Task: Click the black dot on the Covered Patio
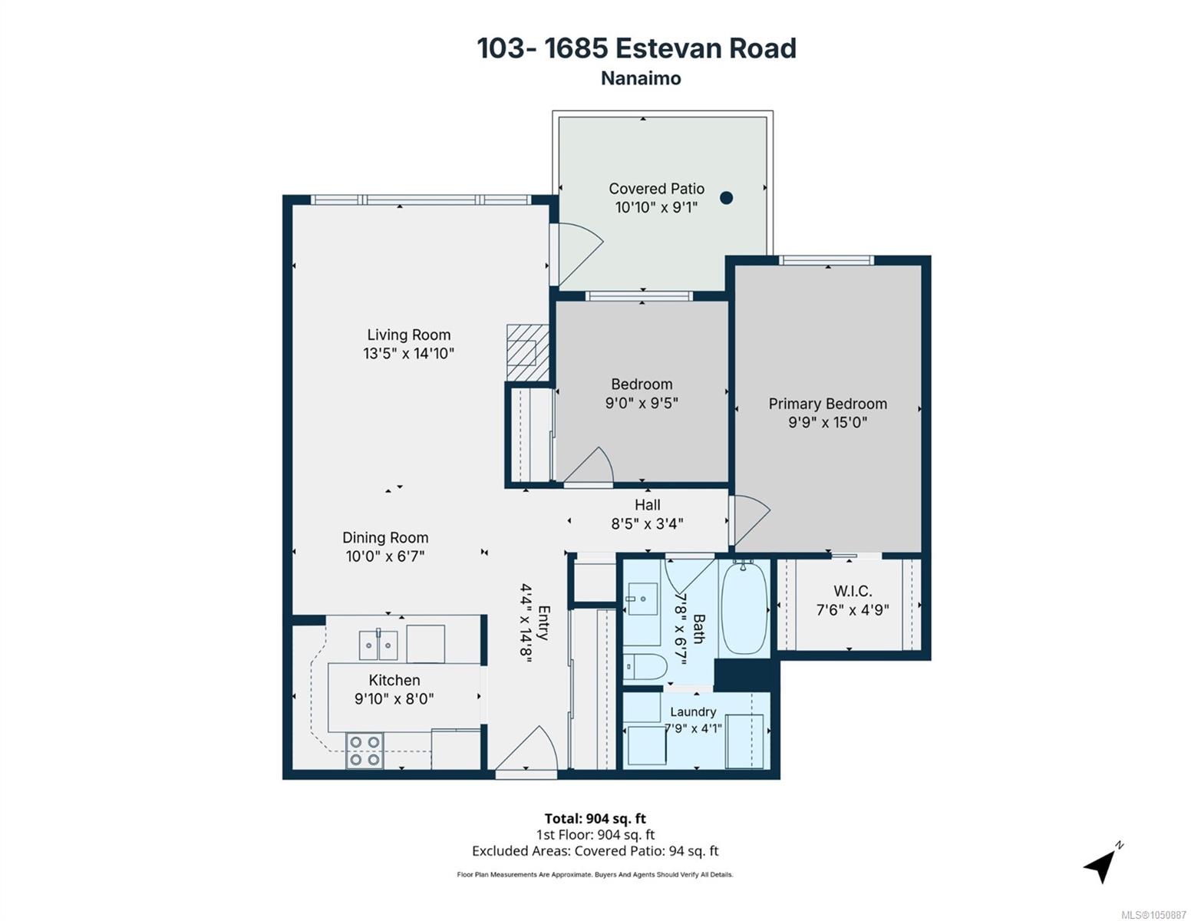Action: click(x=726, y=198)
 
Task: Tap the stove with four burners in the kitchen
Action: click(x=365, y=750)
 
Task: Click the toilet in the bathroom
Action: click(x=645, y=667)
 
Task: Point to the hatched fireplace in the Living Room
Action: click(x=527, y=352)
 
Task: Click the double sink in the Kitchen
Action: click(x=378, y=645)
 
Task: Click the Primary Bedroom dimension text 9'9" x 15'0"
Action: click(x=827, y=422)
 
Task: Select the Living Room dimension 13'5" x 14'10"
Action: click(x=409, y=353)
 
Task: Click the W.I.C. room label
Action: click(x=853, y=591)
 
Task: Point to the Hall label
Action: click(x=647, y=504)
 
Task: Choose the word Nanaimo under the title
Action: click(x=641, y=78)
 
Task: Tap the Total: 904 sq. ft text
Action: click(x=595, y=819)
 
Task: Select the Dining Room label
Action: click(x=385, y=537)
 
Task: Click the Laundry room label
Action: click(x=693, y=711)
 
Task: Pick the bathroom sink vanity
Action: click(x=642, y=599)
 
